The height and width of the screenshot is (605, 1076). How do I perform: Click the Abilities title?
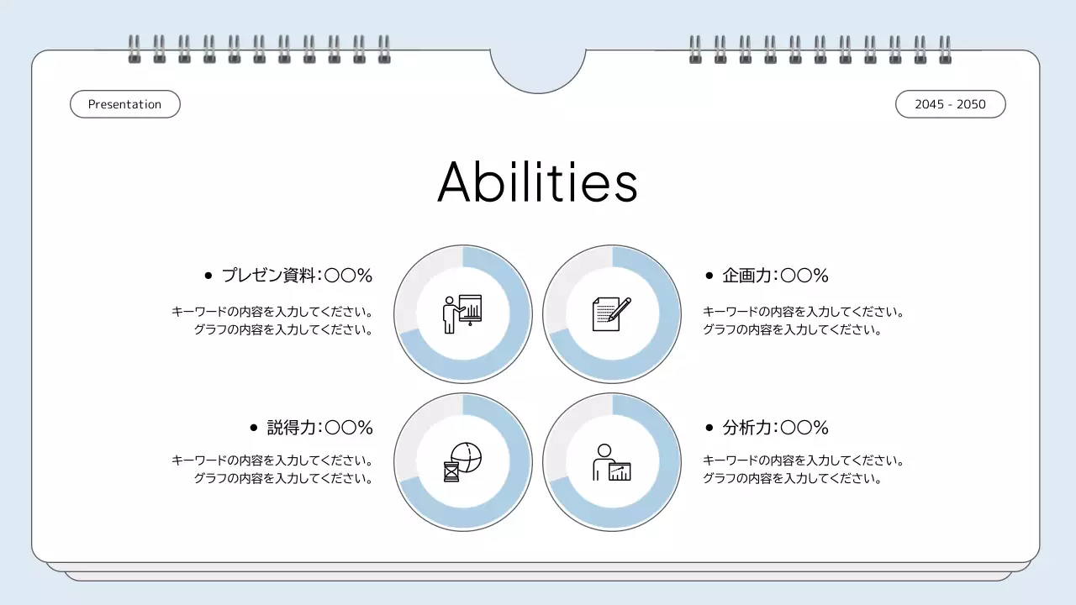coord(537,182)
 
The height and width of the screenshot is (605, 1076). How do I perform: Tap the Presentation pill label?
coord(124,104)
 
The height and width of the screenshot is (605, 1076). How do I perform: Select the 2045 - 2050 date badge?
coord(950,104)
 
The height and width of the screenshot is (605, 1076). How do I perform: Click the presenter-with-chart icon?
coord(462,313)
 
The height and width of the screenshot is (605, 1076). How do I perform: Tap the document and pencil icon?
coord(611,313)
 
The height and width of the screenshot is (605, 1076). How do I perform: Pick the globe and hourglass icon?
coord(462,462)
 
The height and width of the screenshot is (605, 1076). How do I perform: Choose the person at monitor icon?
coord(611,462)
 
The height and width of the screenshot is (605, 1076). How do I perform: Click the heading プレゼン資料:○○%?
coord(297,276)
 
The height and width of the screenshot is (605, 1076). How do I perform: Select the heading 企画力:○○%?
coord(775,276)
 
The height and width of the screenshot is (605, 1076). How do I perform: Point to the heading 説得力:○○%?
coord(319,428)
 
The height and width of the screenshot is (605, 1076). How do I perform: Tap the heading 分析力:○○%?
coord(775,428)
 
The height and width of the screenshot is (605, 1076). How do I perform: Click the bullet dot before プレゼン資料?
coord(208,276)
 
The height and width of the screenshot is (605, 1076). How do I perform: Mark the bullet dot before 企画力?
coord(709,276)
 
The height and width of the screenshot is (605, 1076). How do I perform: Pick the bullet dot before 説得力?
coord(254,428)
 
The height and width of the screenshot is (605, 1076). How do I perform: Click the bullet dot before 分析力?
coord(709,428)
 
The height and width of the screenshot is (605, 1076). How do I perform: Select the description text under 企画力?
coord(803,321)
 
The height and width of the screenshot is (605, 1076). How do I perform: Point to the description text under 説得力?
coord(272,470)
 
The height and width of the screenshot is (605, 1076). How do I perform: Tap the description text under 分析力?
coord(803,470)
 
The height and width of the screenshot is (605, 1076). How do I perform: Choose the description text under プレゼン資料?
coord(272,321)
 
